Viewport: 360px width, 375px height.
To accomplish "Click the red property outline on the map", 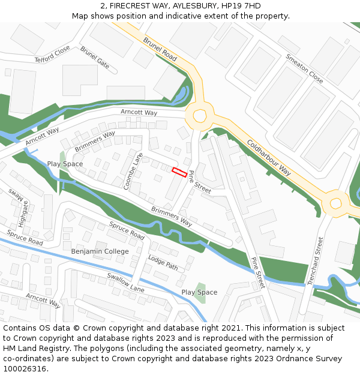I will tap(179, 172).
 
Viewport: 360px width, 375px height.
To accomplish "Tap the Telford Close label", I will tap(52, 55).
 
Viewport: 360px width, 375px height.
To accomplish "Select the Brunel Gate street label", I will tap(95, 58).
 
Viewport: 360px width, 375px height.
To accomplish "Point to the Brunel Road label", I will tap(160, 49).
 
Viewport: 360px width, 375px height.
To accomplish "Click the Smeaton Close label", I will tap(304, 68).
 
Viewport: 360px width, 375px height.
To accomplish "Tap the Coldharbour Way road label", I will tap(268, 158).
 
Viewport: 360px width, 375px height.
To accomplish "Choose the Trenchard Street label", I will tap(316, 260).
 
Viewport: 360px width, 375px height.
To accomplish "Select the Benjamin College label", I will tap(100, 251).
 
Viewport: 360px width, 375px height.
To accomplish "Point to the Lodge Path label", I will tap(163, 262).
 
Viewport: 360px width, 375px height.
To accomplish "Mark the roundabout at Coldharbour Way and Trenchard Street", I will tap(335, 203).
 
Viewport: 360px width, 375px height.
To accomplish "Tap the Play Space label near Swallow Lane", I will tap(199, 292).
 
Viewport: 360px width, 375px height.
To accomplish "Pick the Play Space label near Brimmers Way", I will tap(65, 164).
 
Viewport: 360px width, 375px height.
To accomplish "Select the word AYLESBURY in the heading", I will tap(188, 5).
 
